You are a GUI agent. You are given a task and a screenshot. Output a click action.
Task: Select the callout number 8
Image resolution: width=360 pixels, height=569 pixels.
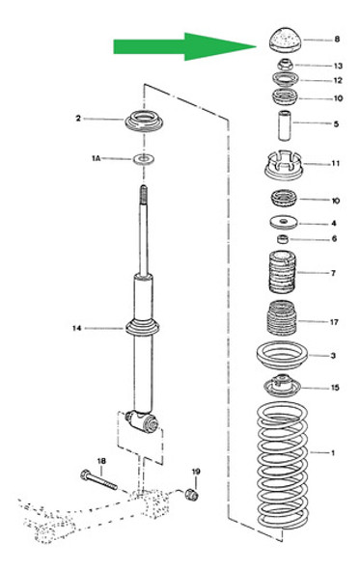pos(337,40)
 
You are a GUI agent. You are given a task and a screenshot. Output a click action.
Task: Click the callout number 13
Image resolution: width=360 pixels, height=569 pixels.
pos(338,66)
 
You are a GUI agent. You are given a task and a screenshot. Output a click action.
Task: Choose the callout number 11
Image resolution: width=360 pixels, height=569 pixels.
pos(335,164)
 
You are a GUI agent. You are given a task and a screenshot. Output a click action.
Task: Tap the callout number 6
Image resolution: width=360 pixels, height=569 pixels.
pos(334,239)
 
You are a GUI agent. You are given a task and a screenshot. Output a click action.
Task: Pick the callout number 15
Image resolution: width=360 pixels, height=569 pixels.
pos(334,389)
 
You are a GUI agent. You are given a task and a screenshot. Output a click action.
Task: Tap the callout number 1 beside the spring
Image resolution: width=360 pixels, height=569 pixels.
pos(335,451)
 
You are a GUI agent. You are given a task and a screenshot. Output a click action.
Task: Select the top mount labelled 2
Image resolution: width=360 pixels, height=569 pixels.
pos(144,124)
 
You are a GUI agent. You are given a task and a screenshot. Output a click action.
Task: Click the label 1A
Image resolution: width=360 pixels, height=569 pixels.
pos(97,156)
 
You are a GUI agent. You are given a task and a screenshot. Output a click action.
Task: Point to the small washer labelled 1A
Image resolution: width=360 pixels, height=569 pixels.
pos(144,156)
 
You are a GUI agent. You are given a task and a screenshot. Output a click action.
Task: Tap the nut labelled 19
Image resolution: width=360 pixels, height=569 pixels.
pos(191,495)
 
